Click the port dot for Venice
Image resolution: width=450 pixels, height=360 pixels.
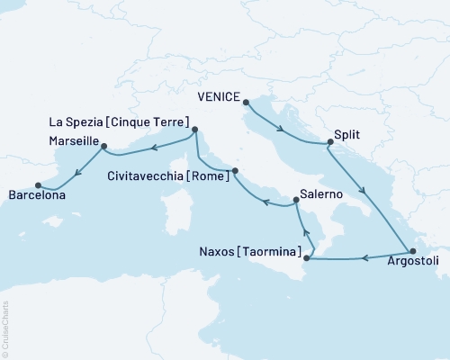click(246, 101)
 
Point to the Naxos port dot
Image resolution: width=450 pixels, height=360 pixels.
click(307, 259)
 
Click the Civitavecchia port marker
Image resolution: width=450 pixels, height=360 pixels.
click(235, 171)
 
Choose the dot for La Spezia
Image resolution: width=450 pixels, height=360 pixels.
click(195, 130)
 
